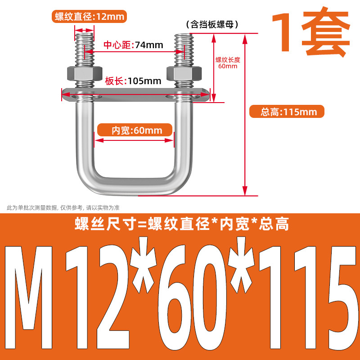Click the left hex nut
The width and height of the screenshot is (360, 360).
85,73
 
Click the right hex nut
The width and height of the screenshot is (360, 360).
184,73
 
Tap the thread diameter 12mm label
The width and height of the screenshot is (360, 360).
89,17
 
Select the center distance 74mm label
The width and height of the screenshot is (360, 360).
133,45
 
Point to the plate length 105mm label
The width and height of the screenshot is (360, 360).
133,81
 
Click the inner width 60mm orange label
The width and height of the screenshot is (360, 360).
135,130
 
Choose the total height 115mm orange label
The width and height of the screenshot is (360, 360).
287,112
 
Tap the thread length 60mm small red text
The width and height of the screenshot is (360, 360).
228,63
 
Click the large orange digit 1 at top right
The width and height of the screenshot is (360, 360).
284,32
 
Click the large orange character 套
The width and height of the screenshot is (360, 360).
325,31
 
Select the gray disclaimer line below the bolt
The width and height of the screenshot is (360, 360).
63,208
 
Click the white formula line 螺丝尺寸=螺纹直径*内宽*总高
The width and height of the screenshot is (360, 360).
182,224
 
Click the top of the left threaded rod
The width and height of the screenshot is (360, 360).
84,35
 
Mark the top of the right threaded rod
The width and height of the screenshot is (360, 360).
183,35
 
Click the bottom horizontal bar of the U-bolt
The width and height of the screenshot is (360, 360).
135,186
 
